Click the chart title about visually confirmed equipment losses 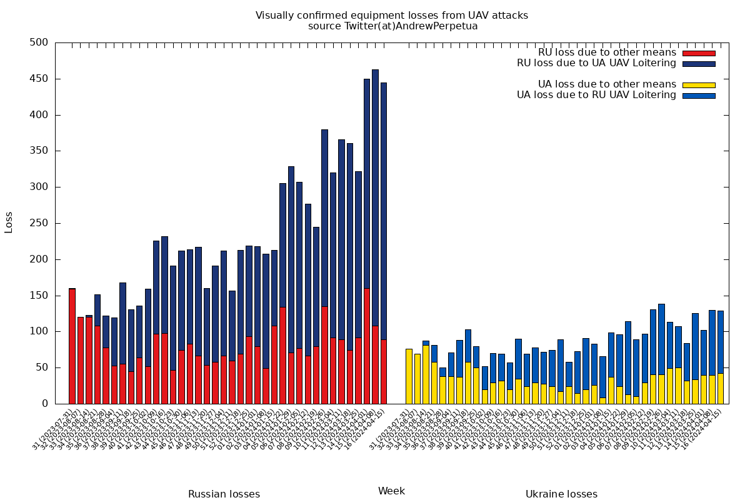[x=392, y=16]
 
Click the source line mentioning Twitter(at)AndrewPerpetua [x=392, y=26]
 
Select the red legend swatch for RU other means [x=698, y=53]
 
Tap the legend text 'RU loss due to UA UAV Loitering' [x=596, y=63]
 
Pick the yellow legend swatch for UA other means [x=698, y=84]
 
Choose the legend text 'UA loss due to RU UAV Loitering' [x=596, y=95]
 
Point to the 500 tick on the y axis [x=39, y=42]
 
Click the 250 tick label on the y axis [x=39, y=223]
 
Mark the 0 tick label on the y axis [x=44, y=404]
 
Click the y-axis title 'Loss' [x=9, y=223]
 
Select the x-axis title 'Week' [x=392, y=491]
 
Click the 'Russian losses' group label [x=224, y=494]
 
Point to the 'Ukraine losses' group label [x=561, y=494]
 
